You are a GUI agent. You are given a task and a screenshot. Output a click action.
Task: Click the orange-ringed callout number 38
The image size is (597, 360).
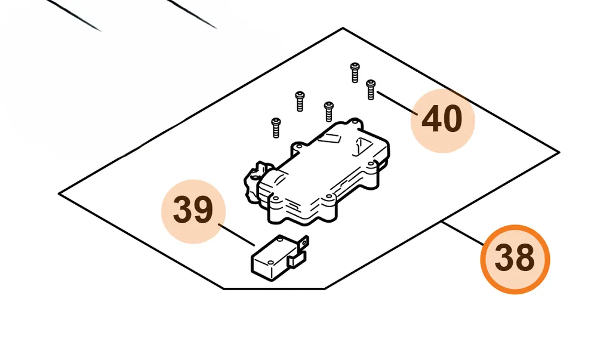coord(515,259)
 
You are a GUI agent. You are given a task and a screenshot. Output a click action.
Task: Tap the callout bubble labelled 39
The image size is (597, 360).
coord(193,211)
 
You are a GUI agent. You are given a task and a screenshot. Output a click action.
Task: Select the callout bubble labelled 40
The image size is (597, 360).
coord(443,121)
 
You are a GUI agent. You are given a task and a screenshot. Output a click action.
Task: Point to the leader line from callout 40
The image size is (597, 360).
coord(397,103)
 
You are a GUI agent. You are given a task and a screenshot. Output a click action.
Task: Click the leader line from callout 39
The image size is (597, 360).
coord(236,235)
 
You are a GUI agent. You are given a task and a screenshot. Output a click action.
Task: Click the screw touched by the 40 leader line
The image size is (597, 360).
coord(371,90)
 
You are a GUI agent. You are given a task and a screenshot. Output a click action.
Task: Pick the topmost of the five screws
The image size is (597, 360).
coord(355,72)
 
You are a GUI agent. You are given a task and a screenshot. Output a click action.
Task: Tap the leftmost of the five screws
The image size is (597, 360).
coord(276,128)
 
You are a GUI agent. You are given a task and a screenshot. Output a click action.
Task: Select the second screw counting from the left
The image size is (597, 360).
coord(300,101)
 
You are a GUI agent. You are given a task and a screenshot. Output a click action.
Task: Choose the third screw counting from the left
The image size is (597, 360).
coord(328,112)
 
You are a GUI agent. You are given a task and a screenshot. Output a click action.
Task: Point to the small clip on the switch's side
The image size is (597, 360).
coord(297,260)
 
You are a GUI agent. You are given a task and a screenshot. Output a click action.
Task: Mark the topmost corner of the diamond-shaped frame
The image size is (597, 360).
coord(343,28)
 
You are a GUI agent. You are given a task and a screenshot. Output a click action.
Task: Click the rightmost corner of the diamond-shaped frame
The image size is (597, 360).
coord(559,152)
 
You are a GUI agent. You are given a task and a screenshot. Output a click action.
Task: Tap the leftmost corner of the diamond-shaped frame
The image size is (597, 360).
coord(59,193)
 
